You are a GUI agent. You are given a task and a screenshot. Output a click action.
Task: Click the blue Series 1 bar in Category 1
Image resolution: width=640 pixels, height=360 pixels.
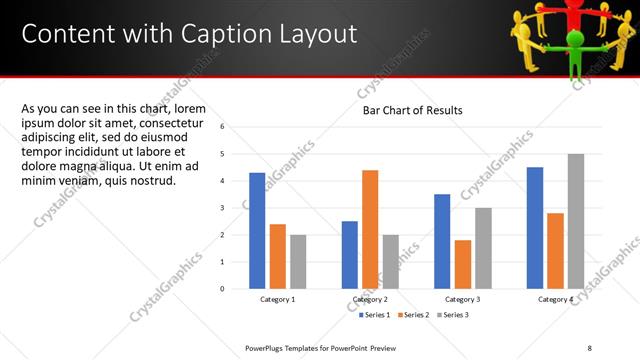pos(257,230)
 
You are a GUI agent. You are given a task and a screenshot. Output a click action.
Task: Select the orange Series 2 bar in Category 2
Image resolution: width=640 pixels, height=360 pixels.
pos(370,229)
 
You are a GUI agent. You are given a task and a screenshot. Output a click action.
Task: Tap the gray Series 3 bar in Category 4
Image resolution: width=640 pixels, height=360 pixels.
pos(575,221)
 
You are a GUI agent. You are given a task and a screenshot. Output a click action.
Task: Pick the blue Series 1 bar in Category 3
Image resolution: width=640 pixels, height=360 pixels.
pos(442,241)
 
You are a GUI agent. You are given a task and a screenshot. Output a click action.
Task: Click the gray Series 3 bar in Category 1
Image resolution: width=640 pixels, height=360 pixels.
pos(297,261)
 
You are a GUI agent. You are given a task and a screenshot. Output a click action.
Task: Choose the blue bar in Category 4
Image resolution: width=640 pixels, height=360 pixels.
pos(535,227)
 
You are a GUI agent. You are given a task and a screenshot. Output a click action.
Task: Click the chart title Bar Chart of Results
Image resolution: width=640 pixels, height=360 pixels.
pos(412,110)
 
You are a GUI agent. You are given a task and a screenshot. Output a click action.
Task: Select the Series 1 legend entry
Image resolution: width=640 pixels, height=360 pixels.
pos(376,315)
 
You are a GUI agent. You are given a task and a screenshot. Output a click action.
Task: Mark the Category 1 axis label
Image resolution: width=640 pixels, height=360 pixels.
pos(277,299)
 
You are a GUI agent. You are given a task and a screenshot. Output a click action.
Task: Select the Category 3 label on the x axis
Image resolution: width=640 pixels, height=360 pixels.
pos(462,299)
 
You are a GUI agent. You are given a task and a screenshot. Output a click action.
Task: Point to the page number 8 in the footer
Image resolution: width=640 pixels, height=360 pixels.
pos(589,347)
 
